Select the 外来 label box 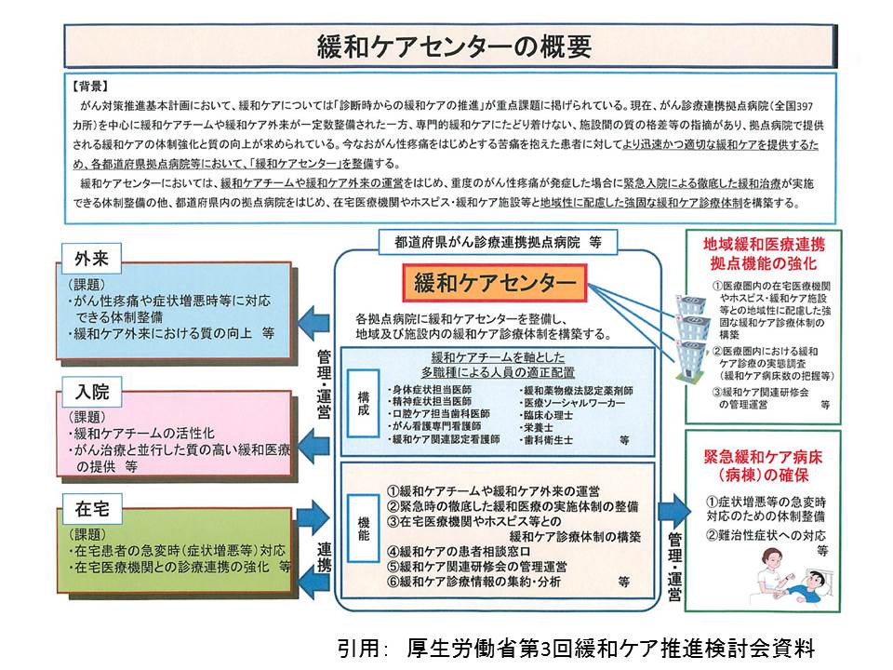point(91,258)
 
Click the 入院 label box point(91,386)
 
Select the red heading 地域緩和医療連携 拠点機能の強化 point(763,253)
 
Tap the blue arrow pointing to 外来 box point(316,316)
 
